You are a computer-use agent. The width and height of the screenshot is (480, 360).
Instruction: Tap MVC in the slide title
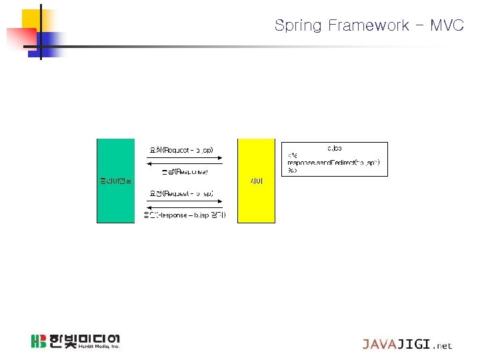tap(447, 26)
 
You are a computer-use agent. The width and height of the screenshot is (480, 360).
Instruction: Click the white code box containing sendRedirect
tap(335, 159)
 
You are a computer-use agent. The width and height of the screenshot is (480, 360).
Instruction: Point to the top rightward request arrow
tap(184, 157)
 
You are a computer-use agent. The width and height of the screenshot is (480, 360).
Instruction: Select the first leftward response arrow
tap(184, 164)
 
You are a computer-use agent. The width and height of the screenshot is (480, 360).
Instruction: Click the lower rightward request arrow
tap(184, 200)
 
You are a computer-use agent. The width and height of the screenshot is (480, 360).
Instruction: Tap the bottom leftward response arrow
tap(184, 207)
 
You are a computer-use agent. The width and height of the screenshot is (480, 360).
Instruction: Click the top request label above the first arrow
tap(181, 149)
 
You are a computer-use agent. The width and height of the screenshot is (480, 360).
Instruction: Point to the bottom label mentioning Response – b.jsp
tap(185, 215)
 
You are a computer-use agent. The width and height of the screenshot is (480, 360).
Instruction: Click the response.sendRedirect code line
tap(333, 163)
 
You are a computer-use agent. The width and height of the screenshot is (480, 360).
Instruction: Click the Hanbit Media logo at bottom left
tap(75, 341)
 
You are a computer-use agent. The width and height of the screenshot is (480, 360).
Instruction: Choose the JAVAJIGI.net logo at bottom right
tap(407, 345)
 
